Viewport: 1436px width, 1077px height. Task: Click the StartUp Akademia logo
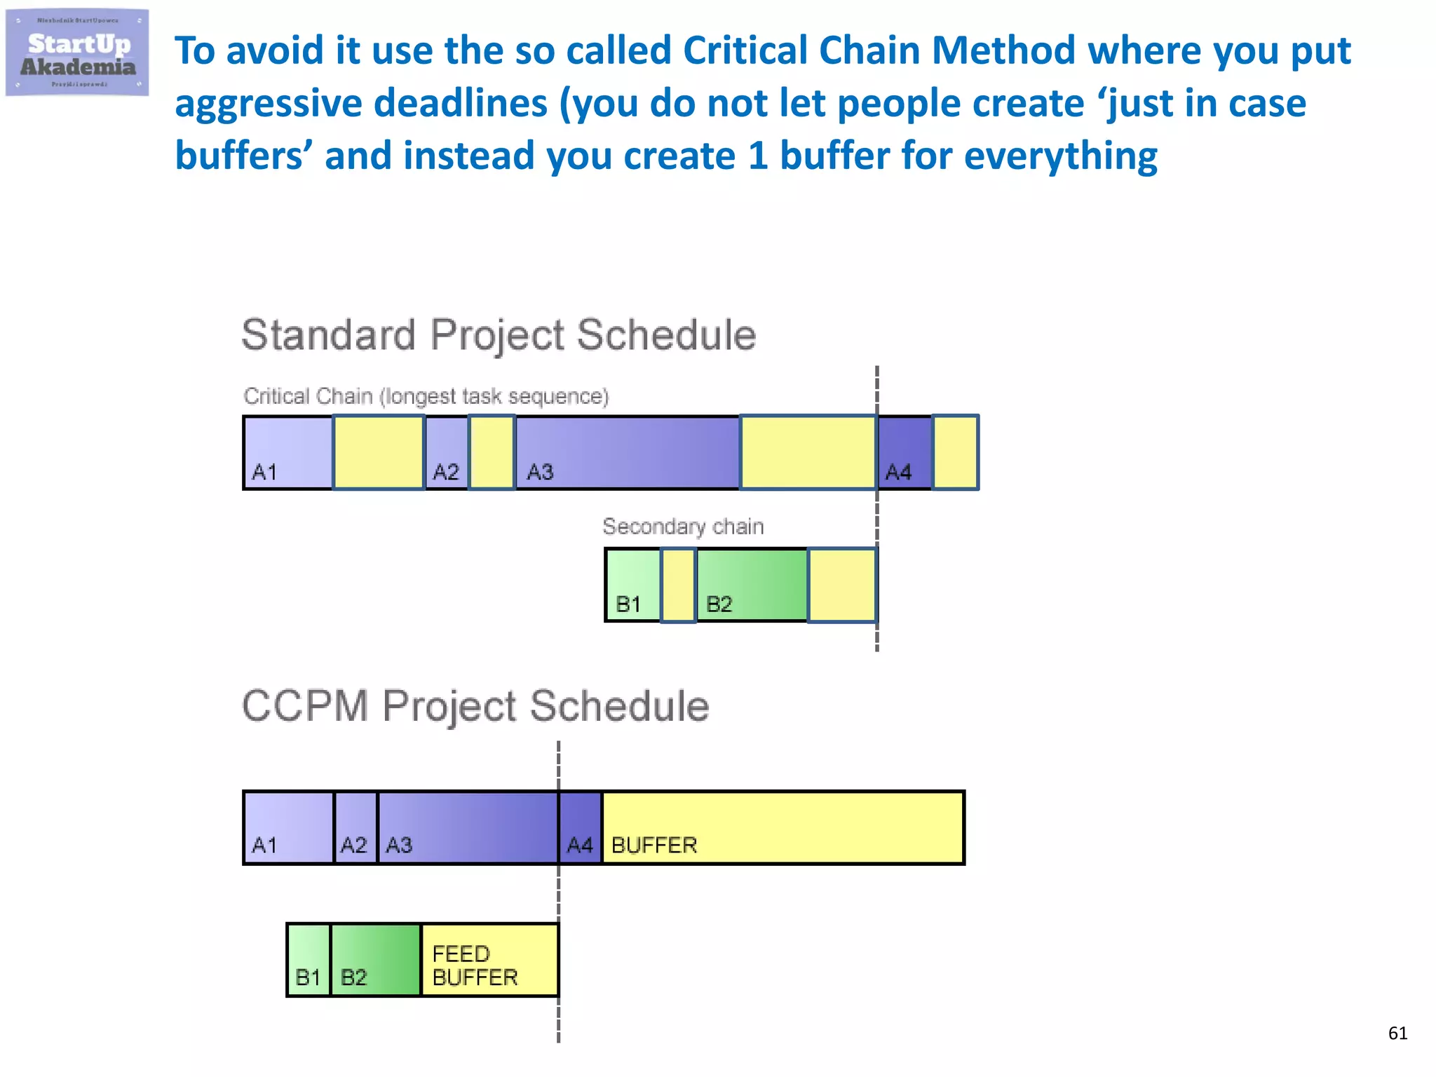pos(77,53)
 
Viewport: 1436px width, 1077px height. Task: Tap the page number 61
pos(1397,1033)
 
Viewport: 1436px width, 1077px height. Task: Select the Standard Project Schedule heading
pos(499,335)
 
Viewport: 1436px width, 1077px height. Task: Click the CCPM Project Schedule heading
pos(475,705)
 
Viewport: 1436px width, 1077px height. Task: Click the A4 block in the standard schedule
pos(905,452)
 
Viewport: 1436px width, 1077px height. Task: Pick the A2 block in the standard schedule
pos(447,452)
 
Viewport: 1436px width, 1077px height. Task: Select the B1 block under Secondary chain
pos(633,585)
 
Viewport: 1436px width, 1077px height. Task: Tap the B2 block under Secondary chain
pos(752,585)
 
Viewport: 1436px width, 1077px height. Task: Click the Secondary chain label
pos(683,527)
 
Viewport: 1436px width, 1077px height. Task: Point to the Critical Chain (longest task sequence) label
pos(426,396)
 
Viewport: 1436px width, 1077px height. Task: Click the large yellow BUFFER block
pos(783,828)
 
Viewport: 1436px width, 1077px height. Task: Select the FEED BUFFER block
pos(489,960)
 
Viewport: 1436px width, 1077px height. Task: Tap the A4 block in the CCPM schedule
pos(581,828)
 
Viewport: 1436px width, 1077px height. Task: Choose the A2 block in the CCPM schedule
pos(355,828)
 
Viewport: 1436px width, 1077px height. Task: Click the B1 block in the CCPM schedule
pos(309,960)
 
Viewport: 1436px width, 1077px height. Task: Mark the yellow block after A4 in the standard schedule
pos(955,452)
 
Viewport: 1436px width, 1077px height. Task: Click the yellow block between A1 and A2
pos(379,452)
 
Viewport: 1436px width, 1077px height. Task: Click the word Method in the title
pos(1003,50)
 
